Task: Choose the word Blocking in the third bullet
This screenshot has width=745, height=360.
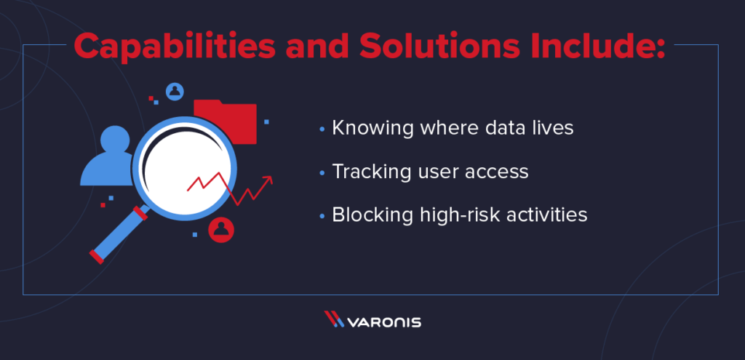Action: [367, 215]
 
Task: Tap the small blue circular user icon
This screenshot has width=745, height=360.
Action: [175, 91]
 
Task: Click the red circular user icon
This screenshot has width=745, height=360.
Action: [221, 230]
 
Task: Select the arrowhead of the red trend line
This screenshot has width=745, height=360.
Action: [268, 180]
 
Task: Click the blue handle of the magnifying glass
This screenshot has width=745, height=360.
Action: [119, 235]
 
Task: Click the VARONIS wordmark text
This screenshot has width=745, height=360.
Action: [384, 322]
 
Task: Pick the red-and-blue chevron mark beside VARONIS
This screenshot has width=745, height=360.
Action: [334, 319]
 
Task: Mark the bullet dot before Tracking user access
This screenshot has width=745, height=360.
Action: [322, 173]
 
